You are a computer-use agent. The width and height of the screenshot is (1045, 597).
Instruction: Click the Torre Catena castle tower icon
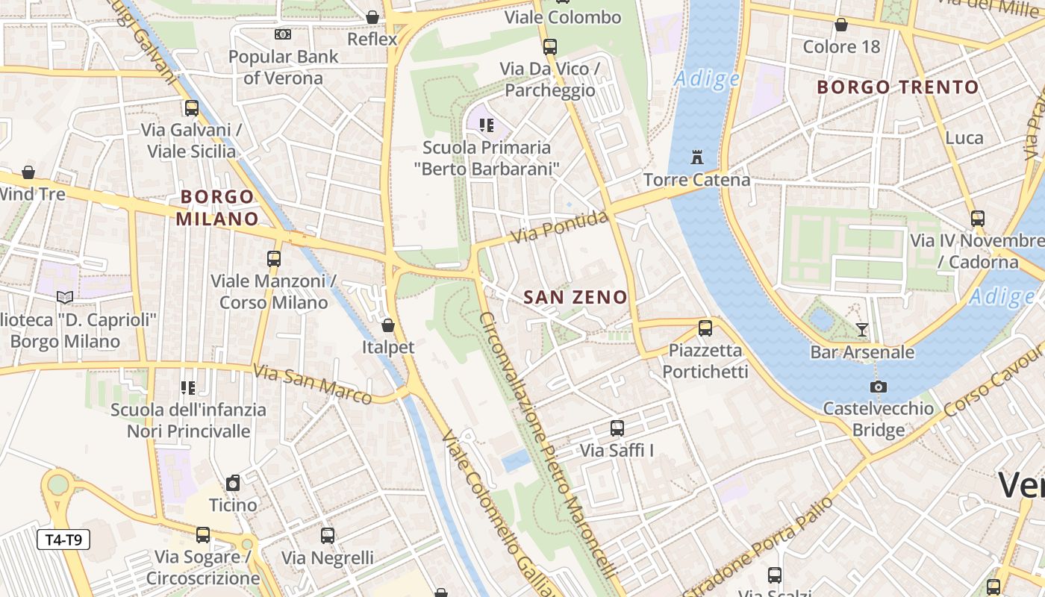(x=697, y=157)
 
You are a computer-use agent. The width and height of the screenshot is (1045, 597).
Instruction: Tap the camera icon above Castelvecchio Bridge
(x=879, y=387)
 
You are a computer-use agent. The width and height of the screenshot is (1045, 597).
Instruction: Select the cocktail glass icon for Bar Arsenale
(x=862, y=329)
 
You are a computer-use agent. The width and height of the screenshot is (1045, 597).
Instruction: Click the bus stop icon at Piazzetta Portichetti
(x=705, y=328)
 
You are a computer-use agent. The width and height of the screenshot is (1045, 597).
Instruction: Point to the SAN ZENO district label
(x=575, y=297)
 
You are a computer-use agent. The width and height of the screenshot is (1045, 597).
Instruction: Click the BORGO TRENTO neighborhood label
(x=897, y=87)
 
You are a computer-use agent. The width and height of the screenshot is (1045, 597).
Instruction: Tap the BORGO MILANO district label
(x=216, y=207)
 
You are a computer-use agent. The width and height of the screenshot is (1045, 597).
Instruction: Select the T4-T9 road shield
(x=63, y=540)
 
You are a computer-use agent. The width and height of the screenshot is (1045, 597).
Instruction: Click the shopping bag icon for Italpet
(x=387, y=325)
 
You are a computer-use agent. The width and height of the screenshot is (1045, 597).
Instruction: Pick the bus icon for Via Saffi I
(x=617, y=428)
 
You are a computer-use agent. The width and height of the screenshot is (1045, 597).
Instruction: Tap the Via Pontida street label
(x=560, y=228)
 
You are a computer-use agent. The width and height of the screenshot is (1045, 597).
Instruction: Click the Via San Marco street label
(x=312, y=384)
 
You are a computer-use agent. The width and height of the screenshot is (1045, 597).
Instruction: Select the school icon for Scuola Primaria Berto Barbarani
(x=487, y=125)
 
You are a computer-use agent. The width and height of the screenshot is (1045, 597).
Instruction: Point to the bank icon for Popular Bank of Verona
(x=282, y=34)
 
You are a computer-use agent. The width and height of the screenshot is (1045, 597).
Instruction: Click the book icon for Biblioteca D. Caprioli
(x=65, y=298)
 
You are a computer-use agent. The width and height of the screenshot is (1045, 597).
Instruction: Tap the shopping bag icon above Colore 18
(x=841, y=25)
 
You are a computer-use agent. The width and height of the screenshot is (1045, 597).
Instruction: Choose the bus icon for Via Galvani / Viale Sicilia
(x=192, y=108)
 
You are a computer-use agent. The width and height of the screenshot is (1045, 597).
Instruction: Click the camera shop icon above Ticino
(x=233, y=483)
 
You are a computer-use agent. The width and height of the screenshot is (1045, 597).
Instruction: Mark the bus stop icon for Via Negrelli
(x=327, y=535)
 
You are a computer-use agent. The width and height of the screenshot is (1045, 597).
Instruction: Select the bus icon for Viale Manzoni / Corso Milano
(x=274, y=259)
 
